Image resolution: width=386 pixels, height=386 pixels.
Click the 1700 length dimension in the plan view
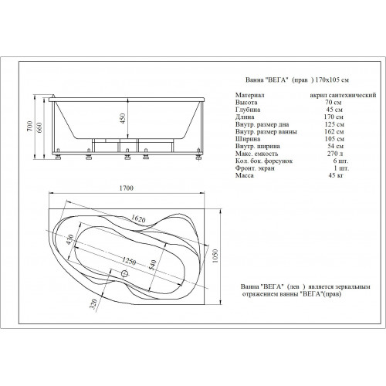127,188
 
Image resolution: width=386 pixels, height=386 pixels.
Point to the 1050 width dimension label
215,256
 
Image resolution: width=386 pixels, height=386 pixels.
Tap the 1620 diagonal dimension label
138,218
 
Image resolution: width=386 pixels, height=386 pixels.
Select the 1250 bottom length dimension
129,261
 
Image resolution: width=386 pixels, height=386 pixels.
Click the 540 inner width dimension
153,265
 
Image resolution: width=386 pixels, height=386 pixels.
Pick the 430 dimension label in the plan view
70,239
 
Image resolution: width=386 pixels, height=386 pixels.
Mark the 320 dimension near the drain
93,304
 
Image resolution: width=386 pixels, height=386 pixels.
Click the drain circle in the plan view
124,273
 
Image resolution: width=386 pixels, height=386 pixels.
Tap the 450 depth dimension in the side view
123,119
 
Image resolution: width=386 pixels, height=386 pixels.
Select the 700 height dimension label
30,126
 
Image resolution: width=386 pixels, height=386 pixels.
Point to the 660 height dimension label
39,128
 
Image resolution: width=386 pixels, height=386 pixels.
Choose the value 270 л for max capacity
335,154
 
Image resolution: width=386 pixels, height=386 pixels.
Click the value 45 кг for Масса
336,175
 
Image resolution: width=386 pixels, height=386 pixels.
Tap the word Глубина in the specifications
248,110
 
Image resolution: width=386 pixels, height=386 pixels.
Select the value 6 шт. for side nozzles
340,161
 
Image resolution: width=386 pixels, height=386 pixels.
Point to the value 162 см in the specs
334,131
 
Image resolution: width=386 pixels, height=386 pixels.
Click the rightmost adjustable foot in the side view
198,154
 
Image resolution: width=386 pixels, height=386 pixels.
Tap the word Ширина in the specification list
248,139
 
